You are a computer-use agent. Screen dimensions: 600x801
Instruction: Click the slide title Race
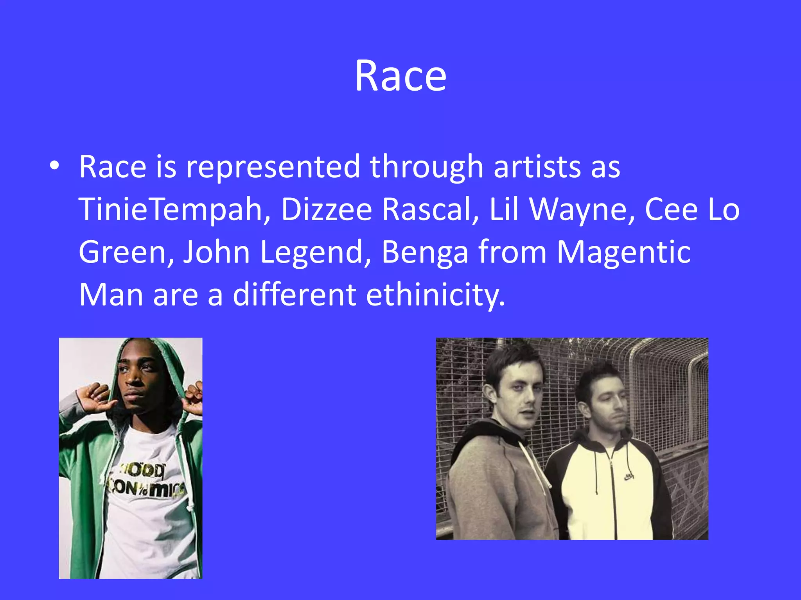pos(400,76)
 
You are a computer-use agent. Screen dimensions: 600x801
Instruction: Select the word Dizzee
pos(326,209)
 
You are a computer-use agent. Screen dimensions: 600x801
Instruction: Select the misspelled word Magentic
pos(623,252)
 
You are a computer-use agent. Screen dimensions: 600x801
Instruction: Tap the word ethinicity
pos(435,295)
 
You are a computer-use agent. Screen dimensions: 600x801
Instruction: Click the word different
pos(295,295)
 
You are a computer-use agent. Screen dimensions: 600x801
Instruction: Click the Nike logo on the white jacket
pos(629,477)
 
